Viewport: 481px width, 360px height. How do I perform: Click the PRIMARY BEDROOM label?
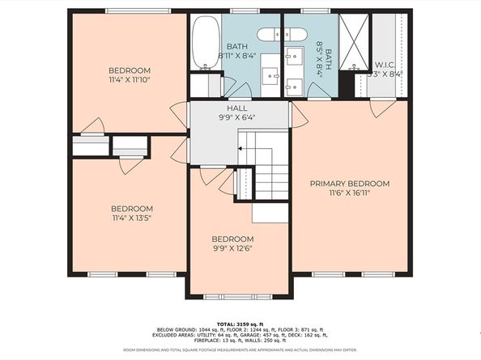tap(350, 184)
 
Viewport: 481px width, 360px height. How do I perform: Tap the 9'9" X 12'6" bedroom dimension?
tap(232, 250)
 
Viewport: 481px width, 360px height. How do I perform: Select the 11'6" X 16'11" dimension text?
tap(350, 194)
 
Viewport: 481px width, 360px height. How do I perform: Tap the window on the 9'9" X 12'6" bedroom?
tap(239, 296)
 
